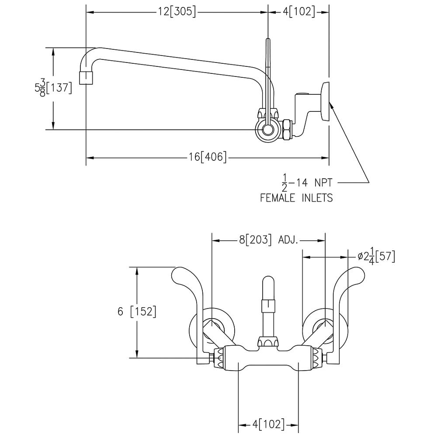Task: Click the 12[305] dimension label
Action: [x=177, y=12]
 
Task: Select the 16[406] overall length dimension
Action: [x=208, y=157]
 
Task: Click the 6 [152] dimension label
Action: [x=137, y=312]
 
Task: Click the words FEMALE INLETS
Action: [x=296, y=198]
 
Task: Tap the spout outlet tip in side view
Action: [x=86, y=77]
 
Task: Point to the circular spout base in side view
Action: [x=267, y=129]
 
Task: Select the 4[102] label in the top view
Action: [x=299, y=12]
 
